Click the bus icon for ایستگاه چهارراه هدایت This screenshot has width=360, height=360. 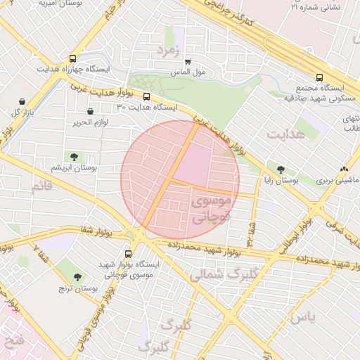(x=74, y=59)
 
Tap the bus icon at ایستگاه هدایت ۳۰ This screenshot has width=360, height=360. (x=146, y=97)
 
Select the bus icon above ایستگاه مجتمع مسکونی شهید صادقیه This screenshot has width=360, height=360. (x=320, y=77)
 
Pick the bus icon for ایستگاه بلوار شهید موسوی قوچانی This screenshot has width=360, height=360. (x=128, y=254)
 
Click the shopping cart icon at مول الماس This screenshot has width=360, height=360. (x=188, y=62)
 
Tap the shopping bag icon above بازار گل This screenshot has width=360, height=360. (x=22, y=102)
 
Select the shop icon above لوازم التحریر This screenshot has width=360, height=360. (x=90, y=111)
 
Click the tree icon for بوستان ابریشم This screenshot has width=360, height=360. (x=73, y=156)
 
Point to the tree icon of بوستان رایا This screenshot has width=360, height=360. (x=281, y=169)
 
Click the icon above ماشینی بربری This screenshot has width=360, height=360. (x=344, y=169)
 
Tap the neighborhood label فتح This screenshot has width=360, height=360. (x=14, y=343)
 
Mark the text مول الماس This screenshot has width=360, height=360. (x=188, y=72)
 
